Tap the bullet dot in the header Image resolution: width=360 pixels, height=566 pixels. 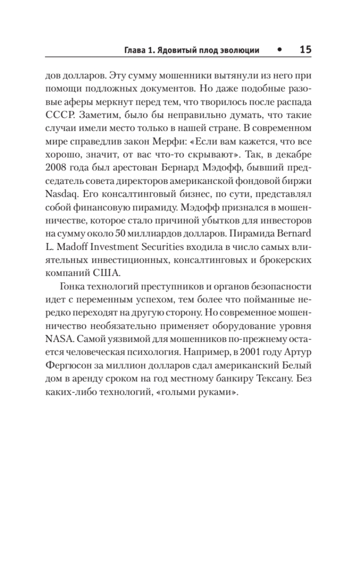click(x=280, y=50)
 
